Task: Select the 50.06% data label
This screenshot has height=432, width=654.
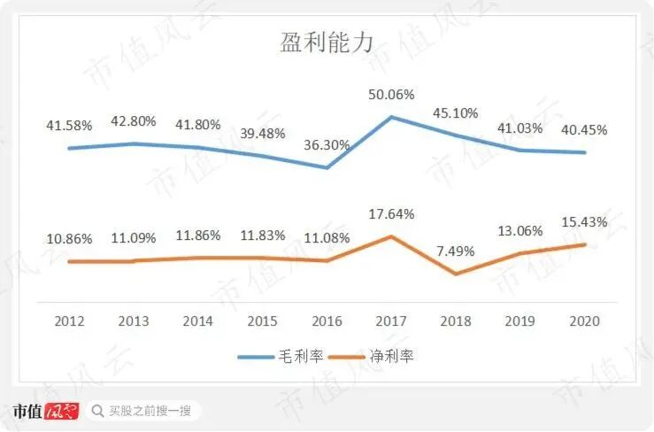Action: coord(391,95)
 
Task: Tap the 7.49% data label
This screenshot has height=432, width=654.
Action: coord(456,251)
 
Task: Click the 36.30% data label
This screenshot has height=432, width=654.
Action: coord(327,144)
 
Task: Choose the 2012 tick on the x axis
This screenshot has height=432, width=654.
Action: coord(69,320)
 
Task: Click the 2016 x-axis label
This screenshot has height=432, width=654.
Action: coord(327,320)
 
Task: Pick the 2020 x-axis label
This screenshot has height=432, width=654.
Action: coord(584,320)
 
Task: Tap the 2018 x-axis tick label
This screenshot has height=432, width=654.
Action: coord(456,320)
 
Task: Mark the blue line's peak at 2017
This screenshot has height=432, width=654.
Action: coord(391,117)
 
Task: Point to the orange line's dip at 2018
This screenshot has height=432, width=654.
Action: coord(456,274)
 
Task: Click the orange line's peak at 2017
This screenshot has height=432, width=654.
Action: coord(391,236)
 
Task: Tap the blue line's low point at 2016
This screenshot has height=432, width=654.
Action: coord(327,167)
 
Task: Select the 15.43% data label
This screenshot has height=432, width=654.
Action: coord(584,221)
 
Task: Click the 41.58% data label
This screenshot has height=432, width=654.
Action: coord(69,125)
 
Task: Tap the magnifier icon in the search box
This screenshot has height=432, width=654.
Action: coord(98,411)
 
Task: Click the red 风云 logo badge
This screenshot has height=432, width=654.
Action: coord(62,411)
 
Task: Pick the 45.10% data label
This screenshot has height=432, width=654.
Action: coord(456,112)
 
